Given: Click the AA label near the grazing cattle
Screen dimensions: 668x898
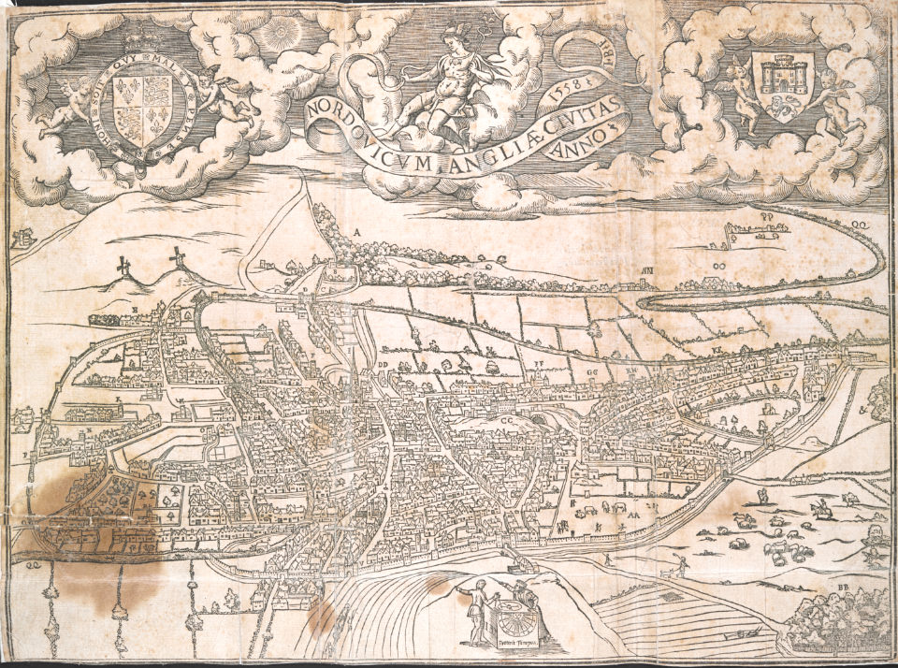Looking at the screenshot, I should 634,514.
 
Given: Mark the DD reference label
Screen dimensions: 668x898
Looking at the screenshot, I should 383,365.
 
